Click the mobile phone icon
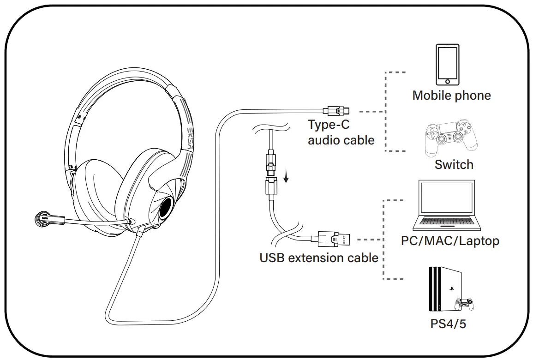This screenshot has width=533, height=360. pyautogui.click(x=448, y=64)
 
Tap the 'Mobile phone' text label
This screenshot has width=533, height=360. pyautogui.click(x=451, y=96)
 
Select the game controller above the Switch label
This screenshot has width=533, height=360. pyautogui.click(x=451, y=138)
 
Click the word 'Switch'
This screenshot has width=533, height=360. pyautogui.click(x=454, y=165)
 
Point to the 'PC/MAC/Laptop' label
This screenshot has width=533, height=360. pyautogui.click(x=450, y=240)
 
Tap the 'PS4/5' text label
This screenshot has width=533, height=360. pyautogui.click(x=448, y=324)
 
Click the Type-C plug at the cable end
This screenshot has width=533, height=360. pyautogui.click(x=338, y=110)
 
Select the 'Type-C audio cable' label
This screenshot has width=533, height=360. pyautogui.click(x=341, y=132)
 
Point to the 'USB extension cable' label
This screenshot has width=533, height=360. pyautogui.click(x=319, y=258)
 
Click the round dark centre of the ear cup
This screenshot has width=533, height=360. pyautogui.click(x=165, y=210)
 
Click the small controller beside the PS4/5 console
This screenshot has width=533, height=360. pyautogui.click(x=464, y=305)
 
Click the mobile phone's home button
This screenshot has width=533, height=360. pyautogui.click(x=448, y=81)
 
